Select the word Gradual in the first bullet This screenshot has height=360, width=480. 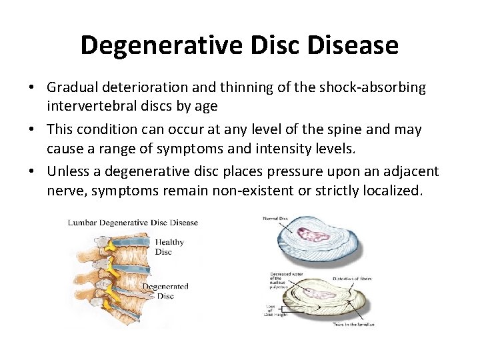[x=73, y=87]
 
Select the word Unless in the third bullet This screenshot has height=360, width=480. [x=67, y=171]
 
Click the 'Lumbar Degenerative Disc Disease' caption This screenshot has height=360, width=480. [x=133, y=223]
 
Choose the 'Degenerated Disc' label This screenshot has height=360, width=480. [x=165, y=291]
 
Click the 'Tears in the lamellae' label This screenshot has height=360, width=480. [x=353, y=324]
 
